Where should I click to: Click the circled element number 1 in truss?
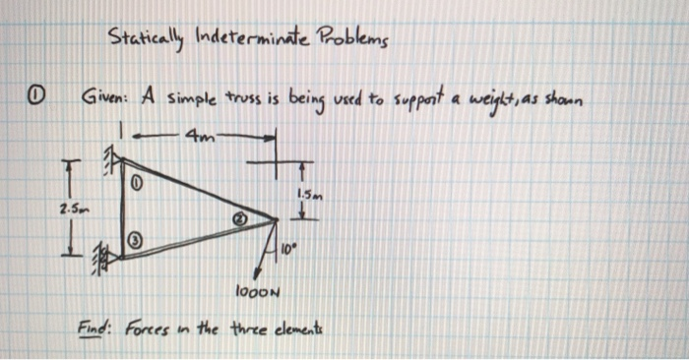[x=139, y=181]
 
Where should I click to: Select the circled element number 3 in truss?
[x=138, y=241]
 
